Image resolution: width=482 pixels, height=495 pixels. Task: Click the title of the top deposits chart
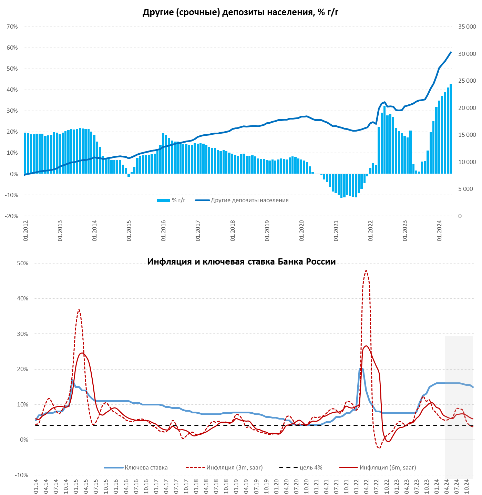[x=240, y=12]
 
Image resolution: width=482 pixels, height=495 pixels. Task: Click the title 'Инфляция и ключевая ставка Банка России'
[x=241, y=261]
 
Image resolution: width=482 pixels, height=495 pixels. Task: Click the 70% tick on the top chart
[x=12, y=27]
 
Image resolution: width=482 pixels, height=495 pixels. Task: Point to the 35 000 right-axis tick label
[x=467, y=27]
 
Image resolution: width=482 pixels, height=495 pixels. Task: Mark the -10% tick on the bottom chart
[x=21, y=475]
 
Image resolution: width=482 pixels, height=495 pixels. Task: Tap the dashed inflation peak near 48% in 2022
[x=366, y=271]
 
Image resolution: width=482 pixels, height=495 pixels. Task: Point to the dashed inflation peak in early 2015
[x=79, y=310]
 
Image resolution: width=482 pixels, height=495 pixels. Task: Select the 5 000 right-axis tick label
[x=465, y=189]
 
